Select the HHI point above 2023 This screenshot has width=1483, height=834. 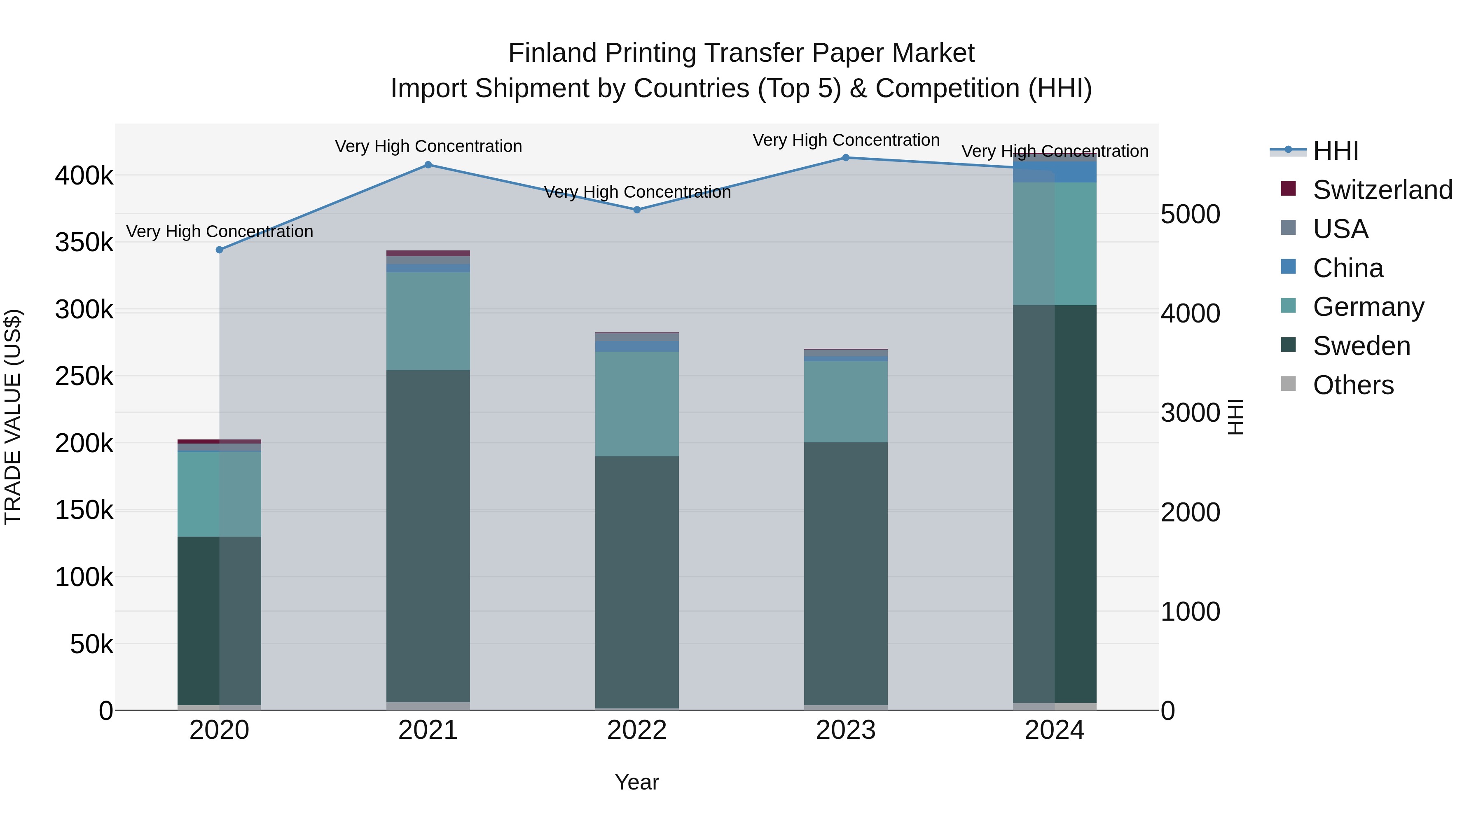846,158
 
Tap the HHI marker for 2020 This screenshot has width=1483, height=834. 219,250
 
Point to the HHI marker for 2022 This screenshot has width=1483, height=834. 637,210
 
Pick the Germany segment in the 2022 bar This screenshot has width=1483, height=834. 637,404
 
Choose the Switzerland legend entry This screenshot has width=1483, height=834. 1382,190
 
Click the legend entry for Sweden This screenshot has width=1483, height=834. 1361,346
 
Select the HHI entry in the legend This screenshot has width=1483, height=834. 1335,151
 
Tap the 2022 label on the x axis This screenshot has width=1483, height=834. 637,730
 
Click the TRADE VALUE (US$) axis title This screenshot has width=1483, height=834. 13,417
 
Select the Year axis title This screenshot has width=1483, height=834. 637,782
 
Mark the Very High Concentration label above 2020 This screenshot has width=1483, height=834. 219,231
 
